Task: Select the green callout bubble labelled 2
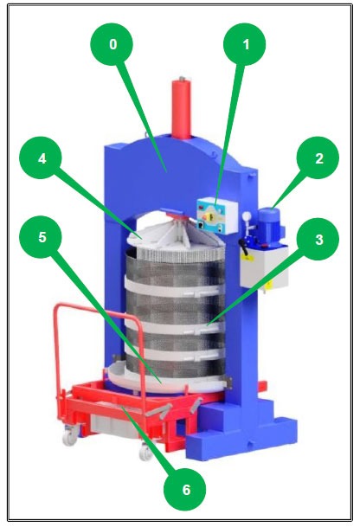317,159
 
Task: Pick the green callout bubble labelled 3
318,240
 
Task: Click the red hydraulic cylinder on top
183,107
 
